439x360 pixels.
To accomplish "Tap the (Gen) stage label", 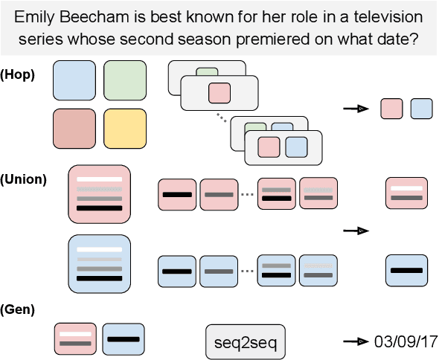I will coord(18,309).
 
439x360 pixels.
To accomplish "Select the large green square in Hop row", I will coord(125,81).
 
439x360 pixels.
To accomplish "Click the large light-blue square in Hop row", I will coord(74,81).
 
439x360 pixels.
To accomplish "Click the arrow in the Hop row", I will coord(354,109).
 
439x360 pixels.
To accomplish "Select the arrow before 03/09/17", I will coord(354,341).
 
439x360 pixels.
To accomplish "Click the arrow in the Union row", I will coord(354,231).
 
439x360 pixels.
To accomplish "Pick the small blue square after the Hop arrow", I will coord(420,109).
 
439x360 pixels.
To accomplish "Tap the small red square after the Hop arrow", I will coord(391,109).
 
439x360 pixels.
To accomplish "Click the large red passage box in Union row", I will coord(99,194).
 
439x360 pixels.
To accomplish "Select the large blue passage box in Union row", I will coord(99,265).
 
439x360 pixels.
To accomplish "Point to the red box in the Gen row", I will coord(76,338).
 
